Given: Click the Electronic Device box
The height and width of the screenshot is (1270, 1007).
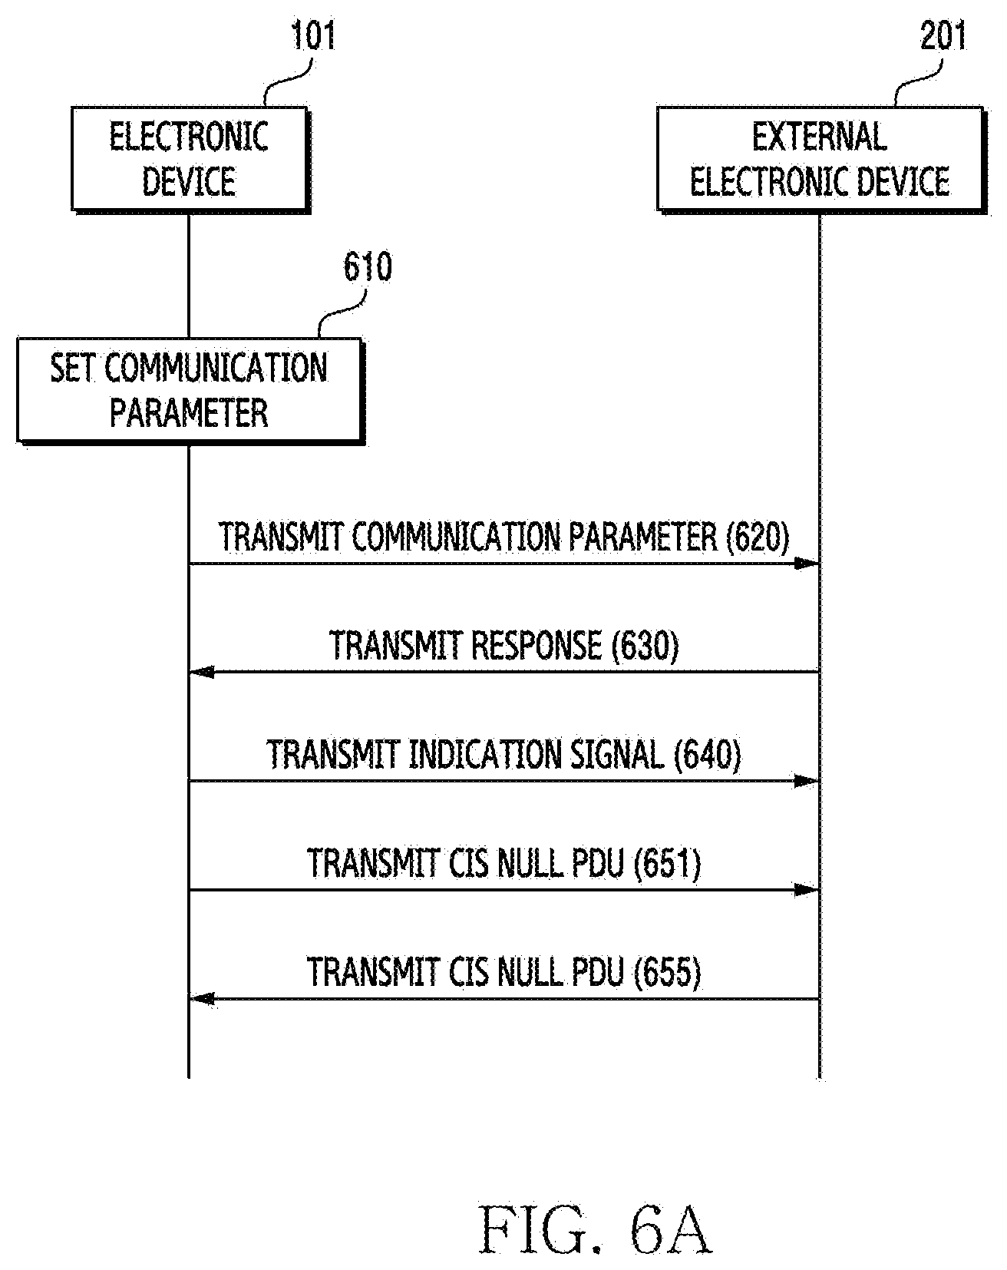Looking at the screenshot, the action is [x=191, y=159].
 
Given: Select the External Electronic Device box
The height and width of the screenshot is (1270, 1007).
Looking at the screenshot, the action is [x=821, y=159].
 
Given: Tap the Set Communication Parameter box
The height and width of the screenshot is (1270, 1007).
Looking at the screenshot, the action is [x=190, y=391].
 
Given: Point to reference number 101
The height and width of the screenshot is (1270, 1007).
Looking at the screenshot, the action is [x=312, y=37].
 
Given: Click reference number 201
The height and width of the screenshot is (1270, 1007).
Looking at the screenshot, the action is [x=943, y=37].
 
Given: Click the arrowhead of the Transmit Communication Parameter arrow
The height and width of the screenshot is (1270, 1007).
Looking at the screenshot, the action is [x=807, y=564].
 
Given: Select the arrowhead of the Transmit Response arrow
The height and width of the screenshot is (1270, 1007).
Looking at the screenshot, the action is [x=202, y=673].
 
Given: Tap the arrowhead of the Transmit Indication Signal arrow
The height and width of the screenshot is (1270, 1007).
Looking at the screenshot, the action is [x=807, y=781].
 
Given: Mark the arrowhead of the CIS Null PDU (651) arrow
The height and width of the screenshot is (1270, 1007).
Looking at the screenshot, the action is [x=807, y=890].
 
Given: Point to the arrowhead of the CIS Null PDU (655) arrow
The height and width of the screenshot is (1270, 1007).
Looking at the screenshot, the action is [x=202, y=999].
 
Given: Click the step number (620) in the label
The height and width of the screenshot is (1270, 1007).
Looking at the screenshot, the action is [x=757, y=537].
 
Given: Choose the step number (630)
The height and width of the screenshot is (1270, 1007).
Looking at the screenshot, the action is [x=646, y=646].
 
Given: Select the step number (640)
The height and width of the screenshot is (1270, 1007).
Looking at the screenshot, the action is [x=708, y=755].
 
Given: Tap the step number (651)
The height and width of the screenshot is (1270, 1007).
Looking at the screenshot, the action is [x=668, y=864].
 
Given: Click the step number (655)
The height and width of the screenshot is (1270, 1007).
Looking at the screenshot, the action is [x=668, y=973].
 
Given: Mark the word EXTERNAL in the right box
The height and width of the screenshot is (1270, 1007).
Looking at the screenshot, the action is [x=820, y=137].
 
